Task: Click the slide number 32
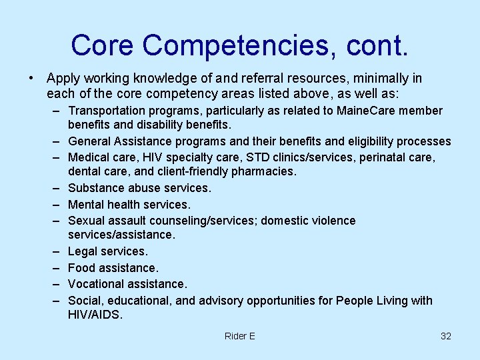pos(446,336)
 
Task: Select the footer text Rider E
pos(240,336)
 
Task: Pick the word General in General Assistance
pos(89,141)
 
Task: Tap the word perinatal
pos(407,157)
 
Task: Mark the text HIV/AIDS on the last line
pos(95,315)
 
